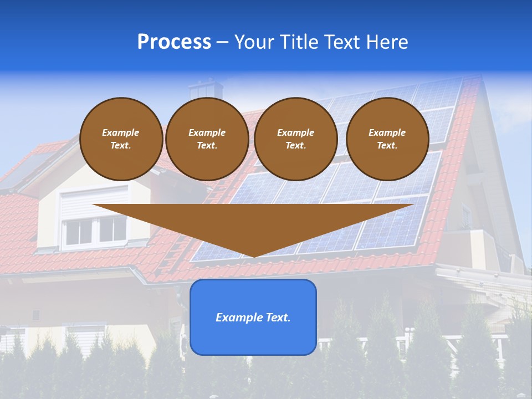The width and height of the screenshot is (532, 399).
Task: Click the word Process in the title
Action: tap(174, 42)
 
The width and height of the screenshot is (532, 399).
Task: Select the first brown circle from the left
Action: tap(121, 139)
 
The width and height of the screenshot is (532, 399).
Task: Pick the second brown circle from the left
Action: tap(207, 139)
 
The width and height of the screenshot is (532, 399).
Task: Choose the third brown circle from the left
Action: tap(296, 139)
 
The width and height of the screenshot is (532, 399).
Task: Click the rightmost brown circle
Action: tap(387, 139)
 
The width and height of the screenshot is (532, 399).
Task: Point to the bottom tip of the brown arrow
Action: tap(254, 256)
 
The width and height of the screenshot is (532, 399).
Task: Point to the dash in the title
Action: tap(222, 43)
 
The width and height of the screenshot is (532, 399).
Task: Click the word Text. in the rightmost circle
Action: tap(387, 146)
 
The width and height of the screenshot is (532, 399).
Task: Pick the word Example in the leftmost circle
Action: tap(121, 132)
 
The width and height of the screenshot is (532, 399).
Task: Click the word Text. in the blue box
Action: tap(277, 318)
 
